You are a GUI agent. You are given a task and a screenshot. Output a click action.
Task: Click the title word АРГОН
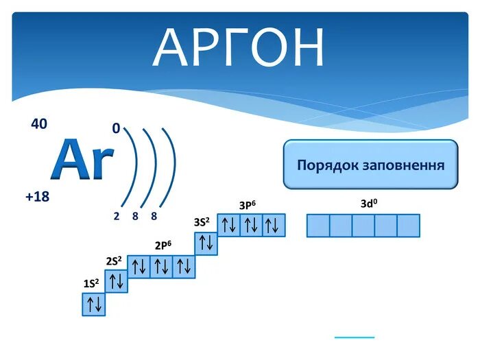239,48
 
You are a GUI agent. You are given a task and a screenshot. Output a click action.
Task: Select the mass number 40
39,124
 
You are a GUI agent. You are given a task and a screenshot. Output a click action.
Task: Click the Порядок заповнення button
370,165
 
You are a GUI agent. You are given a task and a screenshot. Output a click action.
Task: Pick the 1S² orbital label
91,283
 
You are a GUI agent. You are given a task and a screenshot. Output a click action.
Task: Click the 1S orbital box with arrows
94,304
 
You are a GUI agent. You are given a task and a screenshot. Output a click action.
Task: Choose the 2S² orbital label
114,261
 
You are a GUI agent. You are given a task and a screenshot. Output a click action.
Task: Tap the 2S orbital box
117,280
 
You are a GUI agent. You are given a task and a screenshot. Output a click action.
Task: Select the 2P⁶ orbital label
163,245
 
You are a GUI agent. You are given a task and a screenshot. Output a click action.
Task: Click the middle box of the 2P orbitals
162,267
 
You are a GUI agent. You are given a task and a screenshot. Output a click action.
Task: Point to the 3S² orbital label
202,222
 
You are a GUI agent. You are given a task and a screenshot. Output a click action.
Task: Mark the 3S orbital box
206,243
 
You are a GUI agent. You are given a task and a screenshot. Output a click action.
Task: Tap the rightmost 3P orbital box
273,226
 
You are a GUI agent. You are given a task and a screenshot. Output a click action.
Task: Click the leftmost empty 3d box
318,226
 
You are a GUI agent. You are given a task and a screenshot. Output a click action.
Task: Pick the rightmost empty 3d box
408,226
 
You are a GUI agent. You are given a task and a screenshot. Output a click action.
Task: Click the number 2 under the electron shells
117,216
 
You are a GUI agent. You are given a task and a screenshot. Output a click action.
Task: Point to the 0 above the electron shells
116,128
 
